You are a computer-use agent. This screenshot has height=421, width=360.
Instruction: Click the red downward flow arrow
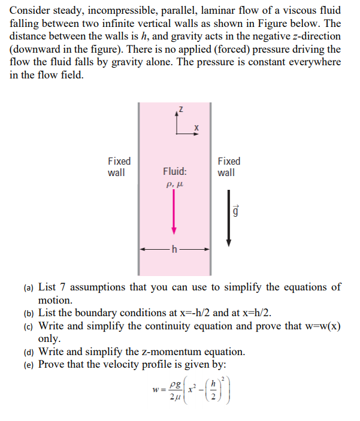tap(174, 213)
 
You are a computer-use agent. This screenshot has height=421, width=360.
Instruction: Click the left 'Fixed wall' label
tap(119, 167)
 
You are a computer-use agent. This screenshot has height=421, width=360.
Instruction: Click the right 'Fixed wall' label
tap(229, 167)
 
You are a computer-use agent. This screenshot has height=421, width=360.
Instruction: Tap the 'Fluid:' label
tap(174, 172)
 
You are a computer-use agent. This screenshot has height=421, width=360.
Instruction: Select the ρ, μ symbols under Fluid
tap(174, 186)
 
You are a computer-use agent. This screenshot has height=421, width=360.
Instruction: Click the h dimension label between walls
tap(174, 250)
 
